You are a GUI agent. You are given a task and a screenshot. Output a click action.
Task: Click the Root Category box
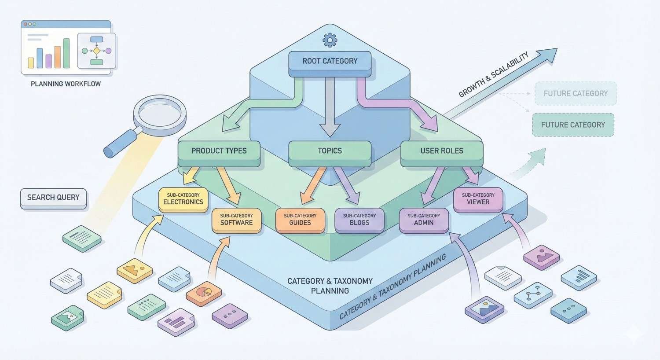330,61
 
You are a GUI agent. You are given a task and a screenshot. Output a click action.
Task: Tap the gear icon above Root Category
330,40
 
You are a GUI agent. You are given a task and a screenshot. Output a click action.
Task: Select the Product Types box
219,151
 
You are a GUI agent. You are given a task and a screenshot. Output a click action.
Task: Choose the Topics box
330,151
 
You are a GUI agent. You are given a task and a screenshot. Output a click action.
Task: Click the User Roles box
442,151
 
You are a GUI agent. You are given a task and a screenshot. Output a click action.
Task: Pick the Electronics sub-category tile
183,199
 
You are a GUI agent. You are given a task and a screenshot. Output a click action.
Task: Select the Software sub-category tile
236,220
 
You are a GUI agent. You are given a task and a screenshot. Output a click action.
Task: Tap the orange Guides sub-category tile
300,220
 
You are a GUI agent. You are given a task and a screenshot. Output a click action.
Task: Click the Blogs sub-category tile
359,220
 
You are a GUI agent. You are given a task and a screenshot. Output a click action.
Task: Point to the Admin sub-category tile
424,220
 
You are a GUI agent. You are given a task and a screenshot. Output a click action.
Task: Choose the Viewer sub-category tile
478,199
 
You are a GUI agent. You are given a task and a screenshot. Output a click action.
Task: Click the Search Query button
53,198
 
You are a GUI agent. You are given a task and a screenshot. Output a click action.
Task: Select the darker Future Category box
573,125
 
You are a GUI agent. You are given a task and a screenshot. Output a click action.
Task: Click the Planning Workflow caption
66,84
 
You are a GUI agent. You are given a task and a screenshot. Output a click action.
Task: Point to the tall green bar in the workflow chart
66,53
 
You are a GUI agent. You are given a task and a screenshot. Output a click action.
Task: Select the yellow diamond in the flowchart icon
96,51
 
